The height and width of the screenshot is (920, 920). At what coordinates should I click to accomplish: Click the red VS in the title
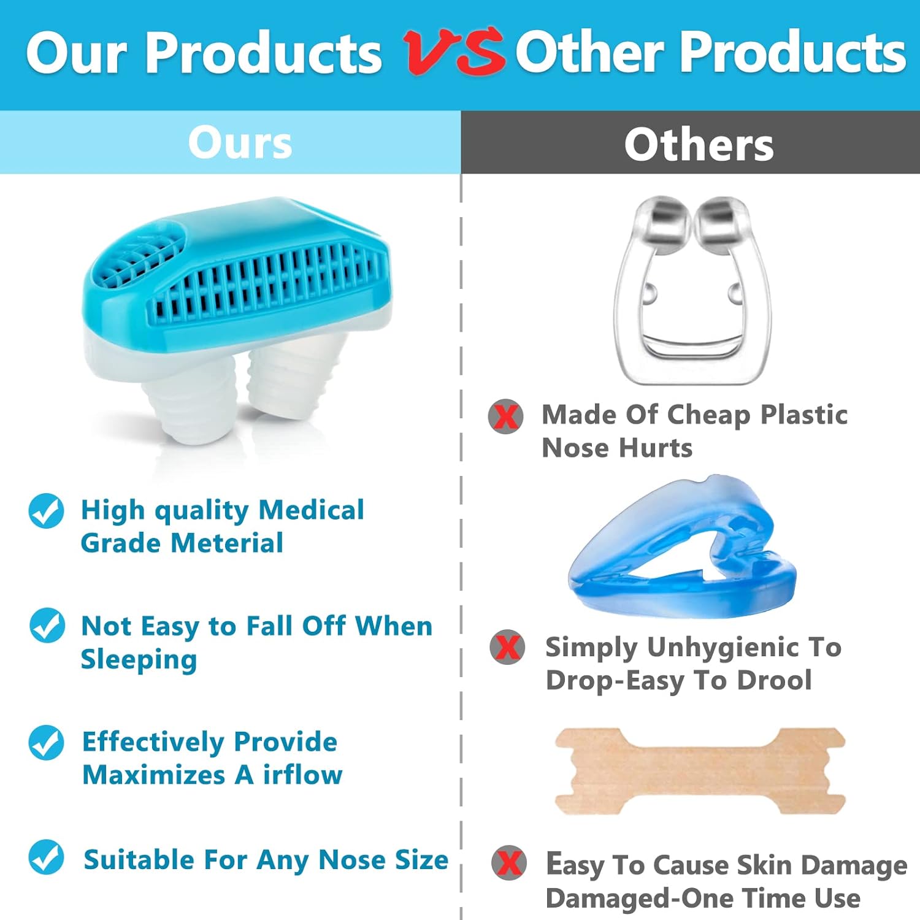tap(454, 53)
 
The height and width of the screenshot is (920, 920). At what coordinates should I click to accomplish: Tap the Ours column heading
tap(240, 143)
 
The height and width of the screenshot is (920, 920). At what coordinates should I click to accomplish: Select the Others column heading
tap(699, 145)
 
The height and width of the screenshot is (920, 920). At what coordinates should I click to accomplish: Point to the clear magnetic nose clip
tap(693, 288)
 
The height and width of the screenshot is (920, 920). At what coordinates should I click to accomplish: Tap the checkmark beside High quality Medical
tap(46, 511)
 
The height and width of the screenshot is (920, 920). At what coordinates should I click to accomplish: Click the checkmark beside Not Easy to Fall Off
tap(47, 626)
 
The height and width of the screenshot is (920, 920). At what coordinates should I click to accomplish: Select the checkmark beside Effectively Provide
tap(46, 742)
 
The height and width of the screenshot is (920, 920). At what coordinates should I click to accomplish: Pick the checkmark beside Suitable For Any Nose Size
tap(46, 857)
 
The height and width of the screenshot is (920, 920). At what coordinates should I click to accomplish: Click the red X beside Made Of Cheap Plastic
tap(505, 416)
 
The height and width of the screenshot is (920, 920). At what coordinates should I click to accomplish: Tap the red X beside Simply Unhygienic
tap(507, 647)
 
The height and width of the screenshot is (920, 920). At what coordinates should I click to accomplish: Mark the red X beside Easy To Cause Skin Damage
tap(508, 863)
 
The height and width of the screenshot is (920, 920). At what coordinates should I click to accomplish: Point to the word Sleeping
tap(139, 660)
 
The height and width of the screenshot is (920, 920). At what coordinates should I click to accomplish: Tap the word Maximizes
tap(154, 775)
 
